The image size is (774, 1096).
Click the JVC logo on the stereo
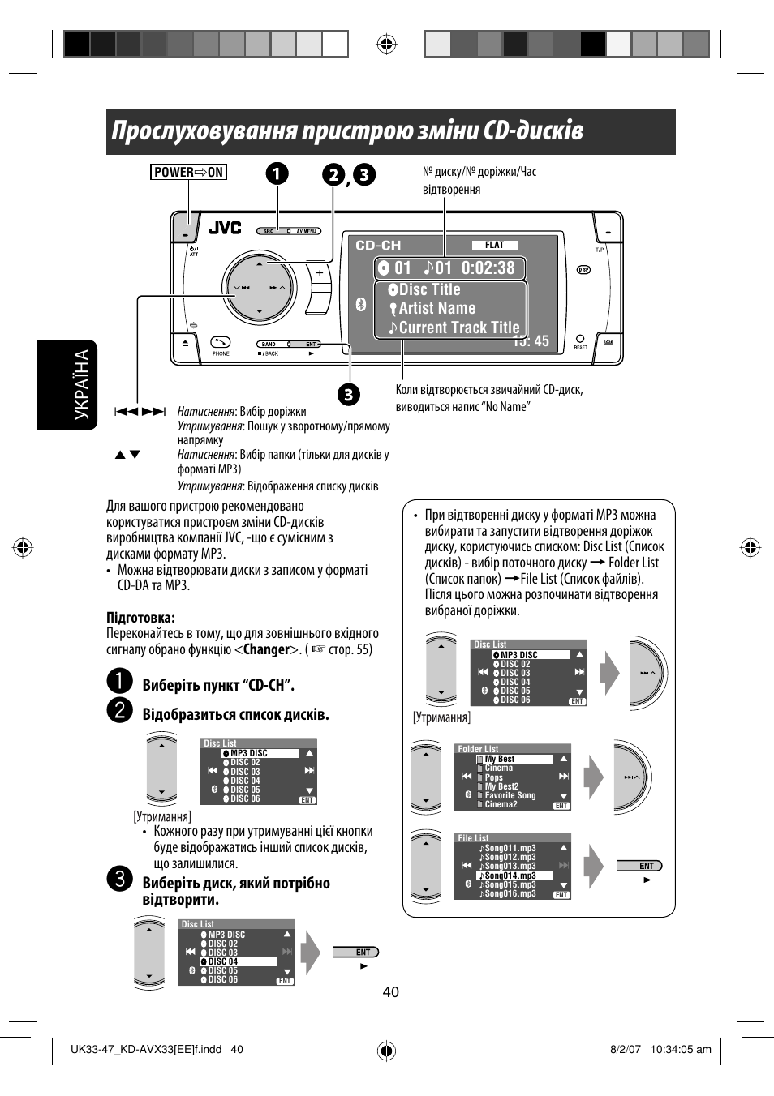[x=225, y=228]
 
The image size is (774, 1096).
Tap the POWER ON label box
[x=188, y=172]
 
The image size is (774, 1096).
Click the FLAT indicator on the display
[x=494, y=245]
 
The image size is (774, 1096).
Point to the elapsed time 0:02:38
[x=488, y=268]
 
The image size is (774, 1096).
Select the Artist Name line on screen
[x=436, y=309]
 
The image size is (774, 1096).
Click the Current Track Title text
[x=458, y=328]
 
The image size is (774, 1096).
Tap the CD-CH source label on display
[x=378, y=245]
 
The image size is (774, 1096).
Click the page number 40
[x=391, y=992]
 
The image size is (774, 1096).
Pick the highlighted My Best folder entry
[x=500, y=759]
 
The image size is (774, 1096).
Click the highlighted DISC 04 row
[x=222, y=961]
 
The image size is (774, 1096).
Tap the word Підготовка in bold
[x=140, y=618]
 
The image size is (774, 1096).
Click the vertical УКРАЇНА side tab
[x=82, y=385]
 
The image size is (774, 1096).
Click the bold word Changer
[x=266, y=649]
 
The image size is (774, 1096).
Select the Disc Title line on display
[x=429, y=290]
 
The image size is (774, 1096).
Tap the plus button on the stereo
[x=320, y=274]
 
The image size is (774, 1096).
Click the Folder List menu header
[x=478, y=749]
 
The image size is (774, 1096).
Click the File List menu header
[x=473, y=838]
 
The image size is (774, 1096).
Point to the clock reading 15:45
[x=532, y=341]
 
